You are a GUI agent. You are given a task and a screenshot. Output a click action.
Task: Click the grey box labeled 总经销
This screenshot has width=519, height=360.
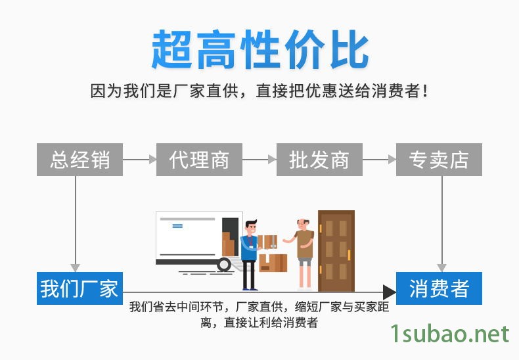point(79,160)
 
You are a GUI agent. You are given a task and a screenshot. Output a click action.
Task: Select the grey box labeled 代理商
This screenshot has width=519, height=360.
point(199,160)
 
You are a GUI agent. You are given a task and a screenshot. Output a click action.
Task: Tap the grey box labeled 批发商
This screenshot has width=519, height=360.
point(319,160)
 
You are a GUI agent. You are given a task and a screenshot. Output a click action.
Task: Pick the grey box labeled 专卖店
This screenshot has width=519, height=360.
point(439,160)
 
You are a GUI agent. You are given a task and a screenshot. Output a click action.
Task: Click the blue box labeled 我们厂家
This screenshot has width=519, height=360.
point(79,288)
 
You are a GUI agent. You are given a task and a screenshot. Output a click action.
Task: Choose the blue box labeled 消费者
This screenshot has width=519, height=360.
point(439,288)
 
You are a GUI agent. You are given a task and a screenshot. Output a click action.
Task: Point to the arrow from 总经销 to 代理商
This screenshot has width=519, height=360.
point(140,160)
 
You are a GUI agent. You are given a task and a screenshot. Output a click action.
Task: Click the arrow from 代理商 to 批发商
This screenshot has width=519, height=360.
point(259,160)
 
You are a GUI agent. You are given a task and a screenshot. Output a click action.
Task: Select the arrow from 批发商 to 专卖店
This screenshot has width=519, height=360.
point(379,160)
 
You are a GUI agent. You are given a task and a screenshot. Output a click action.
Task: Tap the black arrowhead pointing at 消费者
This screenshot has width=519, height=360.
point(389,292)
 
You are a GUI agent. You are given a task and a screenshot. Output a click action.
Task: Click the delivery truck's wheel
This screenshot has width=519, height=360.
point(224,265)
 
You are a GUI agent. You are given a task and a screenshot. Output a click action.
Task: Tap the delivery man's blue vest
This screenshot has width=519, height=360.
point(249,248)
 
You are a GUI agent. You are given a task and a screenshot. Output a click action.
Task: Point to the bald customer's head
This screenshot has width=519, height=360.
point(302,224)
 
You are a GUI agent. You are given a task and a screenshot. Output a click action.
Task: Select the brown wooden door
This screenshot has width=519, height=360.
point(336,251)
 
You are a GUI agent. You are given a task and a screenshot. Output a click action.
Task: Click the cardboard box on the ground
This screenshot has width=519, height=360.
point(273,263)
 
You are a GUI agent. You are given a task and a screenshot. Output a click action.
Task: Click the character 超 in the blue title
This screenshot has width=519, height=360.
point(171,50)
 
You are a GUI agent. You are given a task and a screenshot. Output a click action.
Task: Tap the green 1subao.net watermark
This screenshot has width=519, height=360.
point(450,334)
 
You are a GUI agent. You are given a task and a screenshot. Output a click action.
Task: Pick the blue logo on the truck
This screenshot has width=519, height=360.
point(177,226)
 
